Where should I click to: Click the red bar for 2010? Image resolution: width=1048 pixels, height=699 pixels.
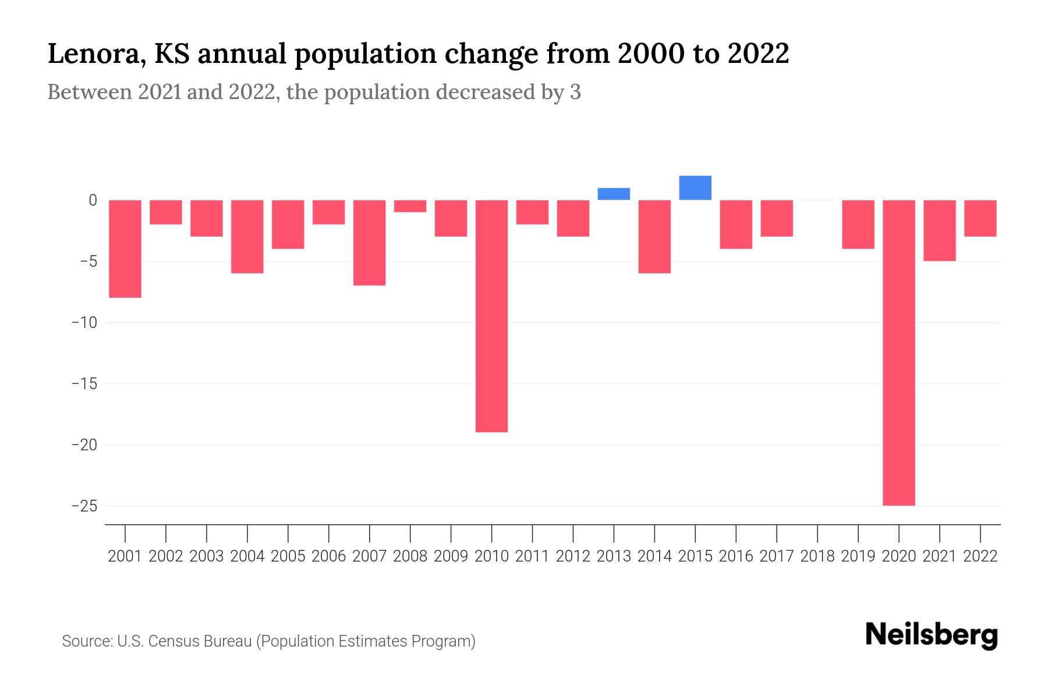(x=491, y=316)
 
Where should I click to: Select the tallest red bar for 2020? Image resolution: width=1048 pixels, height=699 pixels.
(x=899, y=352)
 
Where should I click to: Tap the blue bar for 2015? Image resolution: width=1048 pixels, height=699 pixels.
(x=695, y=188)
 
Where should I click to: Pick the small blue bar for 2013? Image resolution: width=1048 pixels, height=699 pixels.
(x=614, y=194)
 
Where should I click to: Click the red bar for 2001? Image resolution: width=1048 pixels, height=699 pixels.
(x=125, y=249)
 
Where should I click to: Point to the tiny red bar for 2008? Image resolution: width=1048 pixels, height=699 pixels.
(x=410, y=206)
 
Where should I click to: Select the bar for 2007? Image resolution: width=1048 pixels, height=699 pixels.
(x=369, y=242)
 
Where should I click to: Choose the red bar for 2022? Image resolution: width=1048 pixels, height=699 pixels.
(x=980, y=218)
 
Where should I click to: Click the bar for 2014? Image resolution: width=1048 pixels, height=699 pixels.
(x=654, y=236)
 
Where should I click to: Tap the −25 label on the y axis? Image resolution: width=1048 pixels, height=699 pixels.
(x=84, y=506)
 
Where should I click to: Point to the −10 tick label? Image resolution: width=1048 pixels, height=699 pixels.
(x=84, y=323)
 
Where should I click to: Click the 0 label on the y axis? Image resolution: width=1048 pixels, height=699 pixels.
(x=93, y=200)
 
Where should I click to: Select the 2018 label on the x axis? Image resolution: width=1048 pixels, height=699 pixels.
(x=817, y=556)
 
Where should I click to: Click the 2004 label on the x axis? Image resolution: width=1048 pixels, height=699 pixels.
(x=247, y=556)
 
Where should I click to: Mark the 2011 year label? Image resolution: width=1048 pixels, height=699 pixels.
(x=532, y=556)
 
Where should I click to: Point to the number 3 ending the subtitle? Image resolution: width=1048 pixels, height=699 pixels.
(x=575, y=93)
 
